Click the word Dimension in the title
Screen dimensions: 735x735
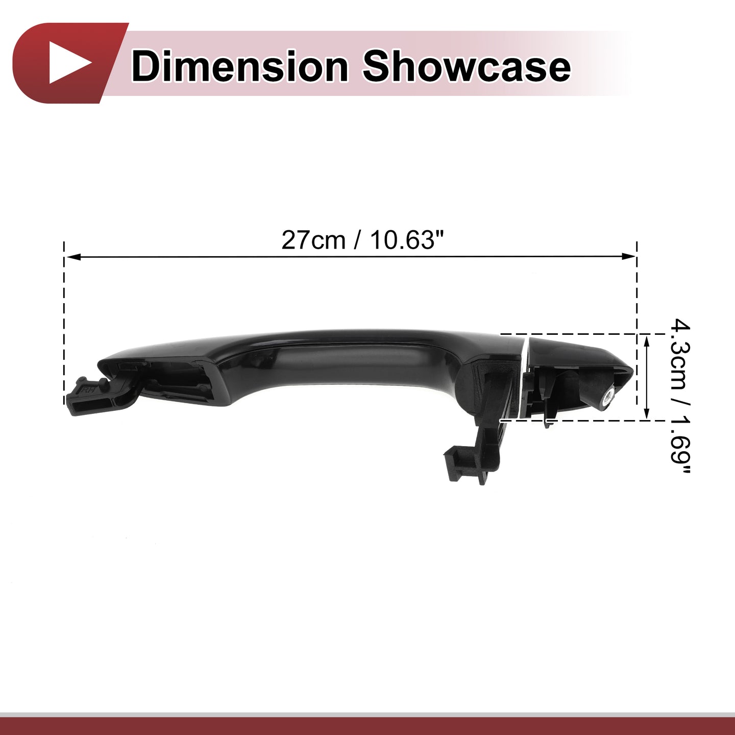(x=240, y=67)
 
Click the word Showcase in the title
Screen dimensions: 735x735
(x=467, y=67)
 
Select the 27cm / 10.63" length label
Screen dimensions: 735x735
(x=363, y=240)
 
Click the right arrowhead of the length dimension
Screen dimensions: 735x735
(x=629, y=256)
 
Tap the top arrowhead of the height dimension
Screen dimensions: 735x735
(x=646, y=342)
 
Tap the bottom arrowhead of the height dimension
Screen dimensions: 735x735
(x=646, y=412)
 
